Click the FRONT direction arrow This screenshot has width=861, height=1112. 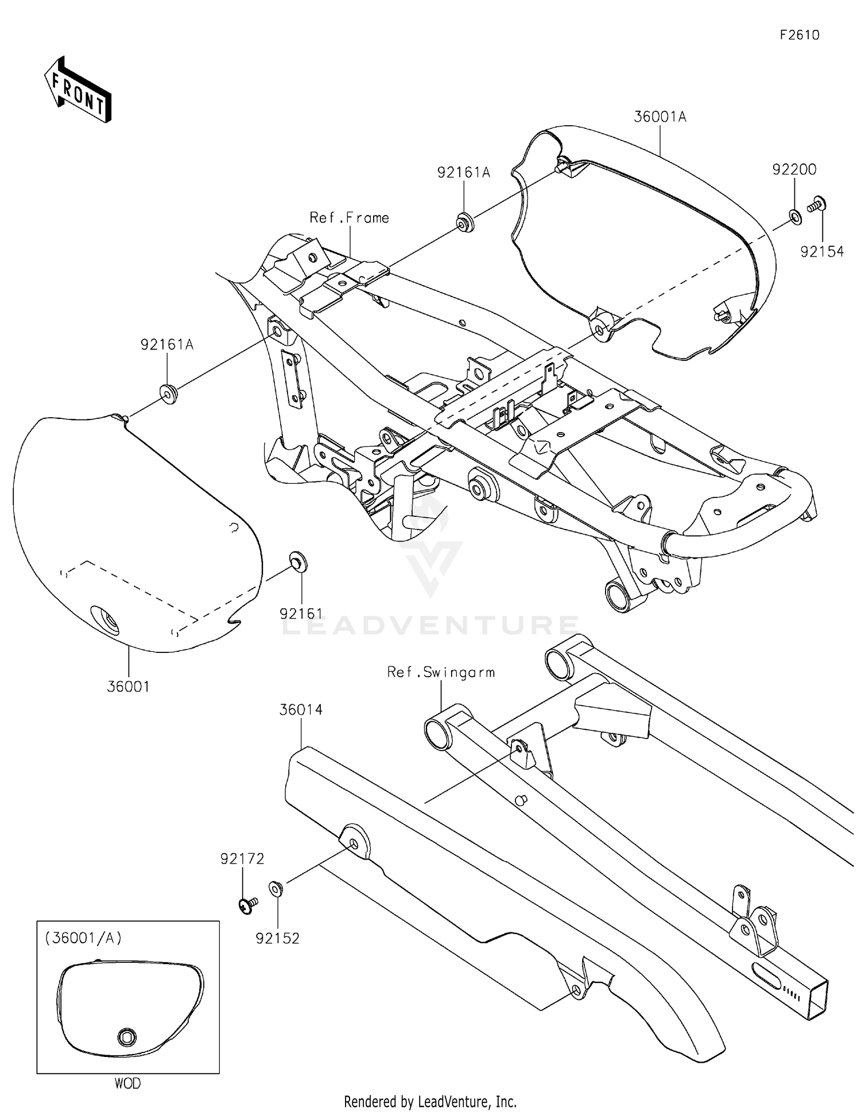click(78, 90)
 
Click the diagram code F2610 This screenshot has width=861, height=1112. click(799, 35)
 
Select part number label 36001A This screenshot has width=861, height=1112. click(660, 117)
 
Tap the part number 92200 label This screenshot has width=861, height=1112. click(794, 170)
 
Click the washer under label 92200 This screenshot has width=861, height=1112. click(795, 216)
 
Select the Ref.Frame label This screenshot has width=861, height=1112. click(349, 218)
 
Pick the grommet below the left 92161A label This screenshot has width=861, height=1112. click(168, 395)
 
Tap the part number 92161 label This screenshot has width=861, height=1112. click(301, 614)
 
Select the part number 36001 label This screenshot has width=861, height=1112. click(128, 686)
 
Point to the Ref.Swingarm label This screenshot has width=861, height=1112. click(440, 672)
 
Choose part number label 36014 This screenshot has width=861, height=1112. click(301, 710)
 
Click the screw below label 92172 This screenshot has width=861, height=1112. click(247, 905)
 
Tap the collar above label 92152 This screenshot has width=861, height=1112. click(276, 889)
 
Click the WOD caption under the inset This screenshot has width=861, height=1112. click(127, 1083)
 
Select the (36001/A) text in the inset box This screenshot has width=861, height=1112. click(83, 938)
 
